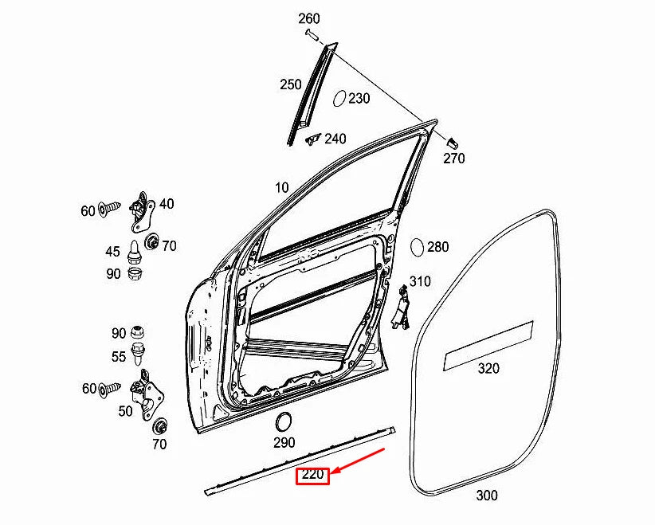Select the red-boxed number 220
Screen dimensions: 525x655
click(x=313, y=476)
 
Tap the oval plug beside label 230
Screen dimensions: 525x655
click(x=338, y=98)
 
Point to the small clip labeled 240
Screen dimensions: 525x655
click(x=312, y=139)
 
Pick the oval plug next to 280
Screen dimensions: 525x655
click(x=417, y=246)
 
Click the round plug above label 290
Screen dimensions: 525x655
click(x=283, y=423)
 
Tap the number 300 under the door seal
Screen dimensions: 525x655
click(x=486, y=495)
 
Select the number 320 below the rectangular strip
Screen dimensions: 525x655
click(x=488, y=368)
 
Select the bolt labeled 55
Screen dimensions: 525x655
click(x=141, y=355)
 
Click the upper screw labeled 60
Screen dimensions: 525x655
click(x=109, y=210)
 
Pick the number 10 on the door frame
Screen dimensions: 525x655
click(x=281, y=188)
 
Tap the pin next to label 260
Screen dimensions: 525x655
click(x=311, y=34)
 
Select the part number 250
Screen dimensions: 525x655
click(x=290, y=84)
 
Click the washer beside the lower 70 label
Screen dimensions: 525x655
click(x=159, y=424)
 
